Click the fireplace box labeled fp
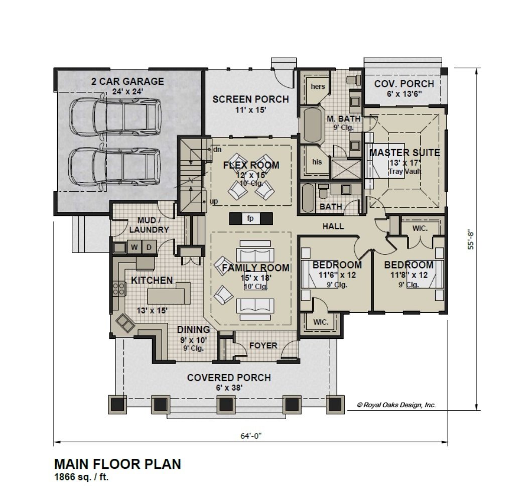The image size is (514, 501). [x=250, y=218]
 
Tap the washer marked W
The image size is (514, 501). [x=135, y=247]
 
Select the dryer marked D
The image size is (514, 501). [x=149, y=247]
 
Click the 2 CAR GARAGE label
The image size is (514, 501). [x=127, y=81]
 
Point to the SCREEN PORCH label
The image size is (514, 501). [x=250, y=99]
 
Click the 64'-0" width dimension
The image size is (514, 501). [x=250, y=436]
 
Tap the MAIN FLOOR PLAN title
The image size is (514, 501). [x=117, y=464]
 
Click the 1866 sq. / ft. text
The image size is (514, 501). [x=81, y=477]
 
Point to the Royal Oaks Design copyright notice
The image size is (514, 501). [x=396, y=405]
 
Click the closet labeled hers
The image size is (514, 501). [x=318, y=86]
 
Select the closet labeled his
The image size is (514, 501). [x=316, y=162]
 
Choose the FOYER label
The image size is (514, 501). [x=263, y=345]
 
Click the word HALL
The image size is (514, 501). [x=333, y=226]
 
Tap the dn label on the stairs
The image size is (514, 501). [x=217, y=150]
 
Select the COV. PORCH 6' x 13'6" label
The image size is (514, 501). [x=404, y=88]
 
